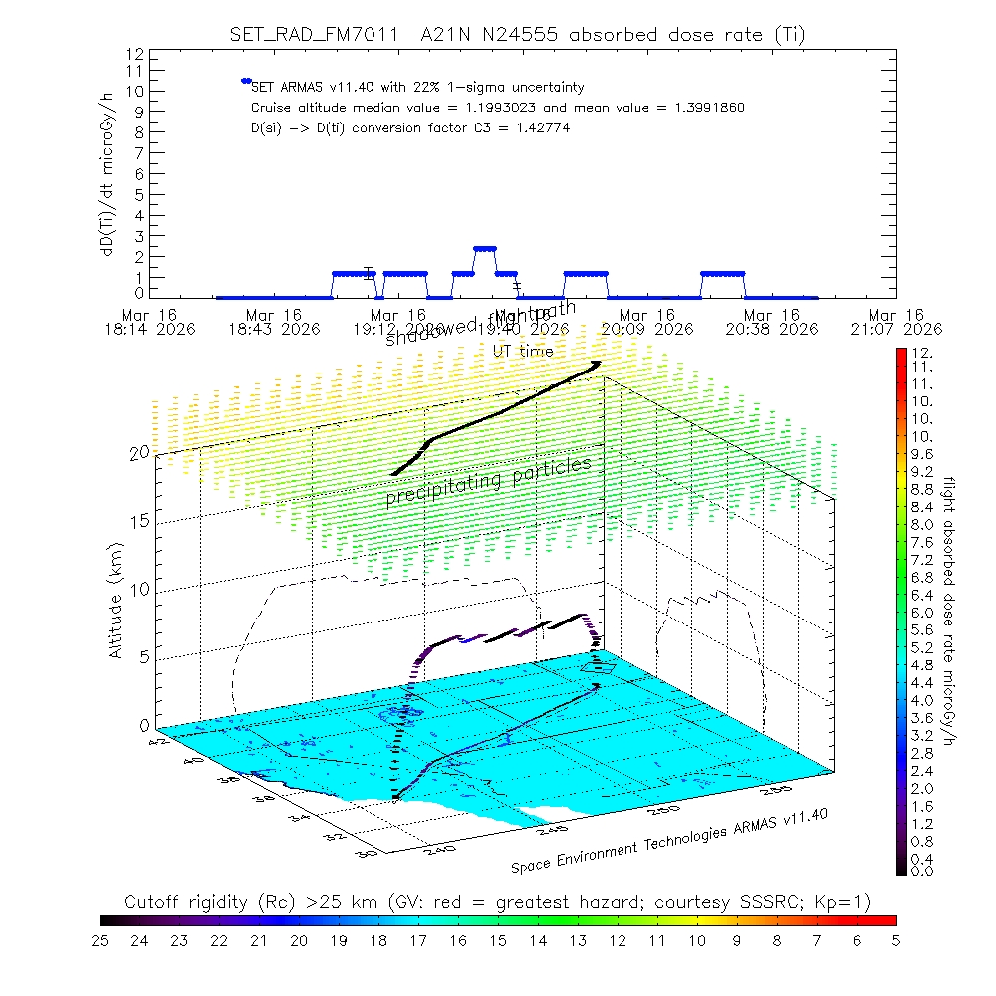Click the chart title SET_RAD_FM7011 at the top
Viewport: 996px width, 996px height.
[x=315, y=35]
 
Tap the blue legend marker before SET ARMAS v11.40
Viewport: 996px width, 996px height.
[x=245, y=81]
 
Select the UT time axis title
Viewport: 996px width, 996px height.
[x=524, y=351]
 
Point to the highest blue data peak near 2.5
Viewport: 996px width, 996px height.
[x=485, y=248]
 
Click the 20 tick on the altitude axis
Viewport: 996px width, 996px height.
[x=139, y=452]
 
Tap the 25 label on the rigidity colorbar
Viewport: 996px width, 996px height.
[x=101, y=939]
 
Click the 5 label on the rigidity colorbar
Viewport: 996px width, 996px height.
[x=895, y=939]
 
